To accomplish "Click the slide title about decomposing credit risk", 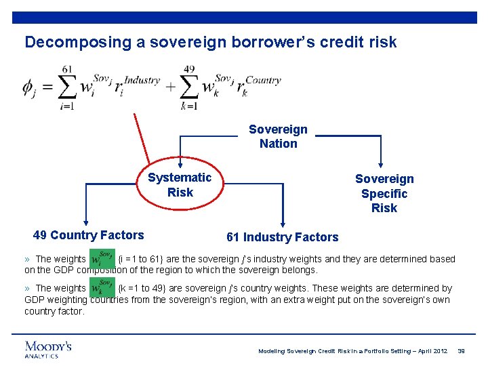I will point(210,42).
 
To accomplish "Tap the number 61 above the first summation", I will point(67,69).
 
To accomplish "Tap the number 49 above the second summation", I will point(189,69).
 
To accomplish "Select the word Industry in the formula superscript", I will point(142,80).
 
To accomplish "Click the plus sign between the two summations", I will point(169,87).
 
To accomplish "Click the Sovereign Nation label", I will point(278,136).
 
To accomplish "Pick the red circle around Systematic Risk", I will point(180,185).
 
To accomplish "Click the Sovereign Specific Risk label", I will point(384,193).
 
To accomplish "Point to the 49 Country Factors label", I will point(88,235).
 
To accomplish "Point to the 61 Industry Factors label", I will point(282,237).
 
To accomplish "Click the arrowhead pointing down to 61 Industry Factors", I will point(283,224).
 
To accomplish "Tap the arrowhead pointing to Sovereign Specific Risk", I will point(382,163).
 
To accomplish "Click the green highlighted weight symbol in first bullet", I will point(102,260).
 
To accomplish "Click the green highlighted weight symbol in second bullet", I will point(102,289).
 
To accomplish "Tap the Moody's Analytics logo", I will point(48,348).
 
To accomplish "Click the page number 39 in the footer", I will point(461,350).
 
